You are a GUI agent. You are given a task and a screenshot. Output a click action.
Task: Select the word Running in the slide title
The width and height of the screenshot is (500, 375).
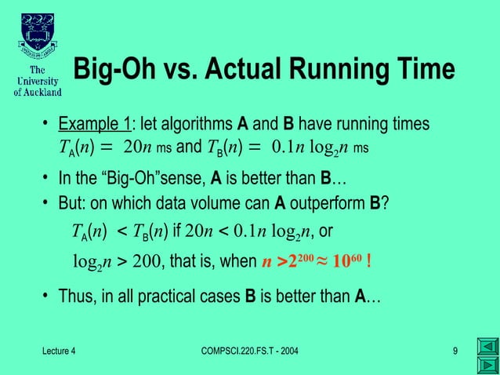pyautogui.click(x=348, y=70)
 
